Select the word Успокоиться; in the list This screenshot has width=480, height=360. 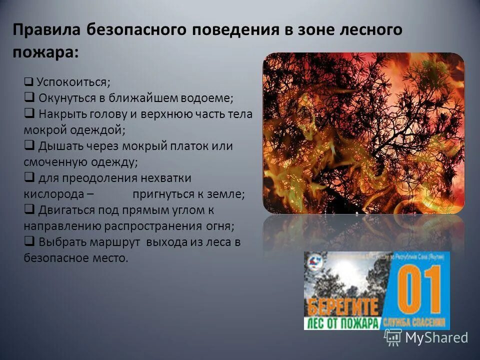(x=73, y=81)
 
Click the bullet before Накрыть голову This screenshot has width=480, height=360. (x=29, y=113)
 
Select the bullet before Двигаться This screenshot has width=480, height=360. (x=29, y=209)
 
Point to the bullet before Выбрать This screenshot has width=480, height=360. (x=29, y=242)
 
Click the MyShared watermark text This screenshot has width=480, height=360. (x=436, y=337)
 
